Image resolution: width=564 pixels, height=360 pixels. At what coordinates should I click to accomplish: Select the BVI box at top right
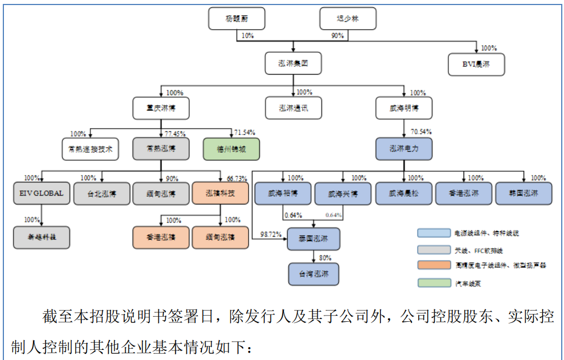click(476, 65)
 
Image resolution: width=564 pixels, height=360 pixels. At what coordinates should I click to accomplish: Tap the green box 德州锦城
click(231, 149)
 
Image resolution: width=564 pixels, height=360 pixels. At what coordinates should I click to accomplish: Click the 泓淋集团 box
click(294, 63)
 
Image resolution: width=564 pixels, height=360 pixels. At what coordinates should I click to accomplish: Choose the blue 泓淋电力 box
click(404, 149)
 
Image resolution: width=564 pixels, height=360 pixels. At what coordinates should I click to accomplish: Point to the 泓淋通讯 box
click(294, 108)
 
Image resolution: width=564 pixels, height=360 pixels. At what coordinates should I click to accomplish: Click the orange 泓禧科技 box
click(220, 193)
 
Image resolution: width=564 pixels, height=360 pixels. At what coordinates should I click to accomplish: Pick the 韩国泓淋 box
click(523, 193)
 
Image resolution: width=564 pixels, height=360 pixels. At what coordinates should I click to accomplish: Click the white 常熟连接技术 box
click(90, 149)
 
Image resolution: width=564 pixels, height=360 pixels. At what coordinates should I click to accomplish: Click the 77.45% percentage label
click(175, 134)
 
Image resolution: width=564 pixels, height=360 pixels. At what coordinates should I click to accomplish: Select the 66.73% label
click(237, 179)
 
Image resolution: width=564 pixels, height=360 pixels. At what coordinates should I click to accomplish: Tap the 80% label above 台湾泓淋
click(324, 258)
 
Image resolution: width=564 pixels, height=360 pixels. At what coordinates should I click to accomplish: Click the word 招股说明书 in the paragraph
click(134, 317)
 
